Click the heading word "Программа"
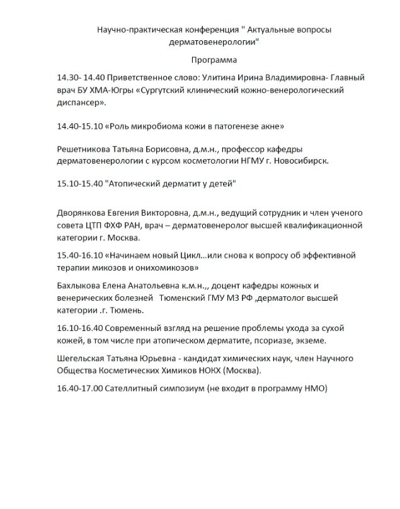click(214, 60)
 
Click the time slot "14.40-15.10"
click(80, 126)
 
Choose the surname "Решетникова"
click(85, 149)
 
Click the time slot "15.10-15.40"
click(80, 184)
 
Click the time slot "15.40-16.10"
click(80, 255)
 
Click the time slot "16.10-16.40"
click(80, 329)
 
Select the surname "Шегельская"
click(82, 359)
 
